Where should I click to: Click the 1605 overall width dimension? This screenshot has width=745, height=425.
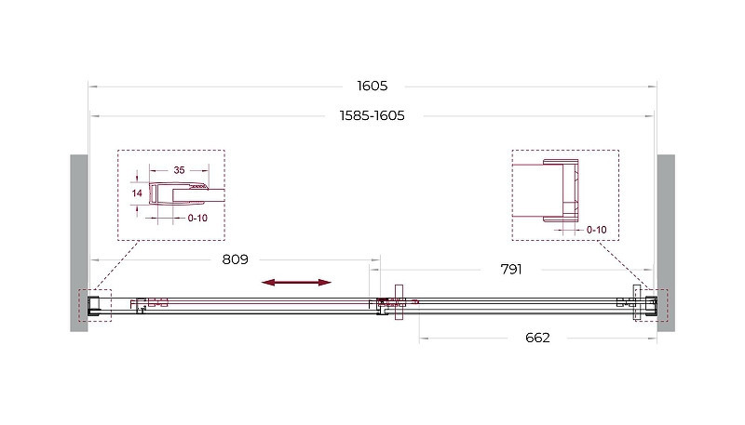372,86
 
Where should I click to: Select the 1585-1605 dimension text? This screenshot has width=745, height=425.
372,115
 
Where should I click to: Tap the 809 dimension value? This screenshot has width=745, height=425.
236,259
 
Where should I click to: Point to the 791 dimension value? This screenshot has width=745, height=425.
511,270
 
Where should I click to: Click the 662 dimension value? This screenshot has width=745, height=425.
537,338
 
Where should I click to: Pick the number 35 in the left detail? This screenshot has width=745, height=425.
179,170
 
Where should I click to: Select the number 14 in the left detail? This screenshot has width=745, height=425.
137,193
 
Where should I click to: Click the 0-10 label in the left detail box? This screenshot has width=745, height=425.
197,219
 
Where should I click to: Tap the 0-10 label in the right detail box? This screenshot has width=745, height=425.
596,230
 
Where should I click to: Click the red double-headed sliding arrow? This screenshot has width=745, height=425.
296,283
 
